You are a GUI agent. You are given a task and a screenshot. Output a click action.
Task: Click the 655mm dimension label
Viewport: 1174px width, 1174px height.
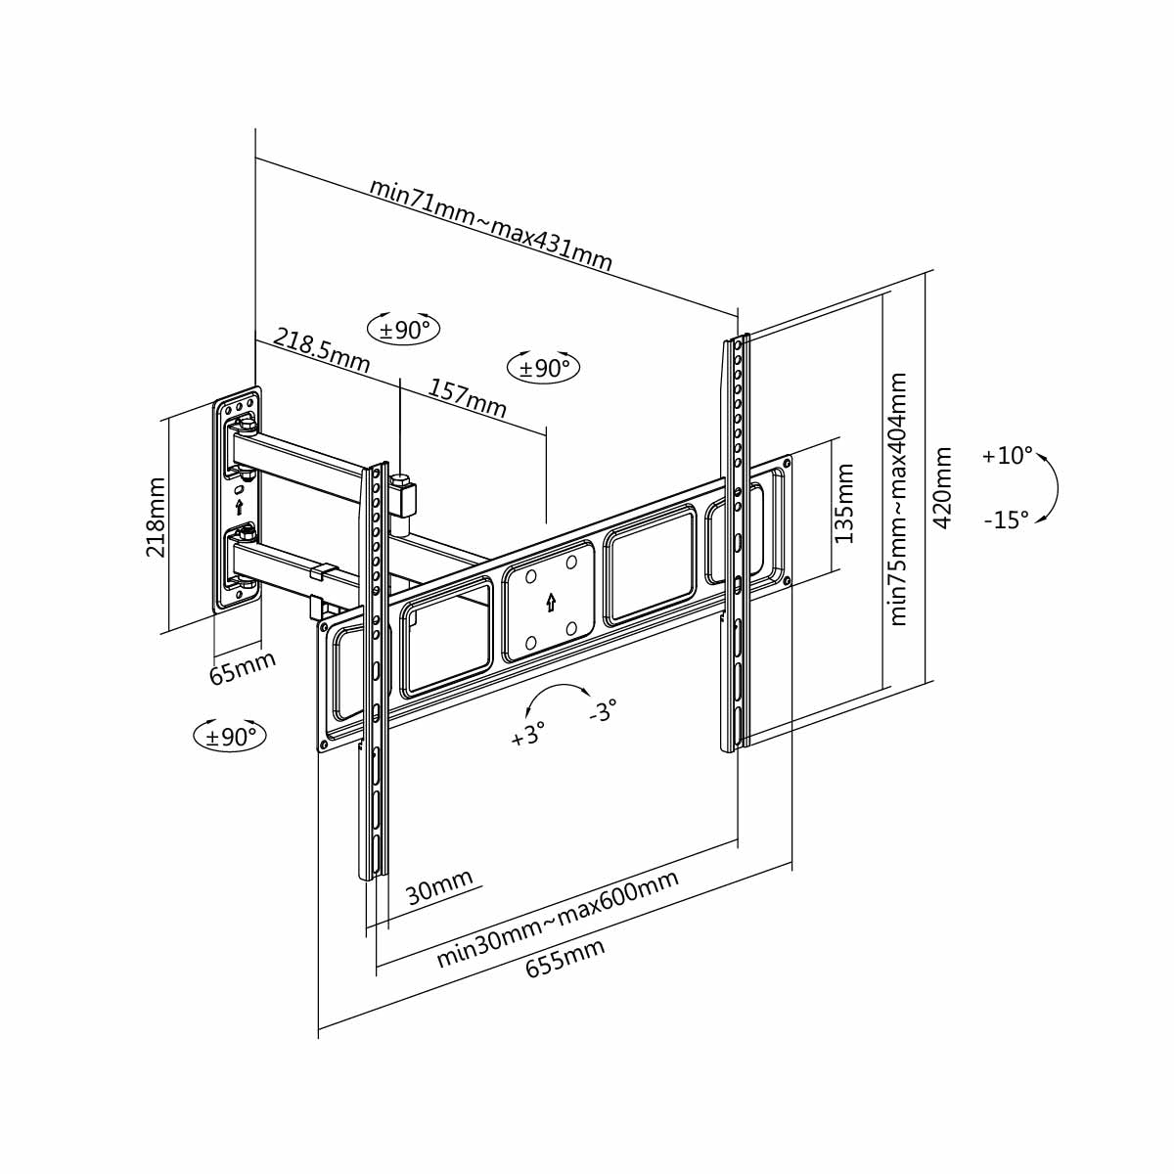point(565,958)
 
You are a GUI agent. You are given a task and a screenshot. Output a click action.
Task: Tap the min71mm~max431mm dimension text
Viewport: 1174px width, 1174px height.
point(491,225)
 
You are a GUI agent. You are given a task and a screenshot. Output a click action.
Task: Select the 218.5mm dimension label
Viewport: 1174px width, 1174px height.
point(322,350)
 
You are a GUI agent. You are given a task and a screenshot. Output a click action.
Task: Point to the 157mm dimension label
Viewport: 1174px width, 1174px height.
point(468,397)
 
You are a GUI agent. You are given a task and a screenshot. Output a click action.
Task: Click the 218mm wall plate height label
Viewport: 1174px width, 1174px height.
point(156,518)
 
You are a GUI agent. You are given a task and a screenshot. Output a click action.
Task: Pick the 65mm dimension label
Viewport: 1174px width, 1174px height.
point(243,667)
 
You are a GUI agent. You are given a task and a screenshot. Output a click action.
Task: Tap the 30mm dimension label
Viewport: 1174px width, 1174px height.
point(439,887)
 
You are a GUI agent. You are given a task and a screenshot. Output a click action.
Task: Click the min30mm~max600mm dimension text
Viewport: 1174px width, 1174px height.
point(558,917)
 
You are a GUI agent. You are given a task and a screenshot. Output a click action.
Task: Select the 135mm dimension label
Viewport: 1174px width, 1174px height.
point(844,504)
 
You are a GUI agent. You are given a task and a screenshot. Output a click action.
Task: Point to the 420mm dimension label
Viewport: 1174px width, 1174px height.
point(943,487)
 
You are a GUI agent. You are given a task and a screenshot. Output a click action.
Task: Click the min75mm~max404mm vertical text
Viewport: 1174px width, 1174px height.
point(899,498)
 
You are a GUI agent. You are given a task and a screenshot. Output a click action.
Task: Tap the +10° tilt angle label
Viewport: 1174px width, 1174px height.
point(1007,456)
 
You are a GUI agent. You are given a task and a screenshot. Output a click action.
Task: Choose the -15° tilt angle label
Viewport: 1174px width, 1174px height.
point(1006,520)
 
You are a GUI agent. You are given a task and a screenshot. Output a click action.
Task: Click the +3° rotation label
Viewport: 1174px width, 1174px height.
point(527,734)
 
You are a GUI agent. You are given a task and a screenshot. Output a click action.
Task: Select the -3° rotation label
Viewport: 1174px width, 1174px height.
point(603,710)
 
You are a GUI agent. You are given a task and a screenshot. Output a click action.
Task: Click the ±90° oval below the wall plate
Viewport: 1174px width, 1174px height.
point(231,736)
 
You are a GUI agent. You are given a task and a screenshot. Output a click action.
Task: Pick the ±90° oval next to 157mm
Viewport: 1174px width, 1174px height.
point(544,368)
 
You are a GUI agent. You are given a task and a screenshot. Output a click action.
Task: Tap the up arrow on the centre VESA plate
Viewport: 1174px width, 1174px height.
point(551,602)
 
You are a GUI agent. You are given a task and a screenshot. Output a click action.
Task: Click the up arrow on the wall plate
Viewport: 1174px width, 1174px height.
point(240,507)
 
